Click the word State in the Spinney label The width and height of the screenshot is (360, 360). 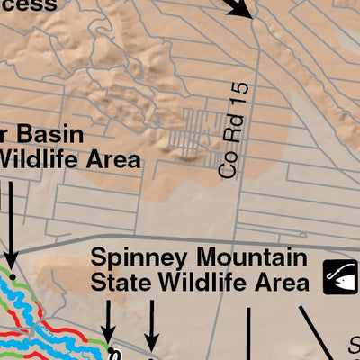click(x=119, y=283)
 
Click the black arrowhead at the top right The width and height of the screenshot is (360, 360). click(x=242, y=11)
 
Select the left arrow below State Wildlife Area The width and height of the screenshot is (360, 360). click(x=108, y=332)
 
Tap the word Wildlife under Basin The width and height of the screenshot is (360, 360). click(x=38, y=160)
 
